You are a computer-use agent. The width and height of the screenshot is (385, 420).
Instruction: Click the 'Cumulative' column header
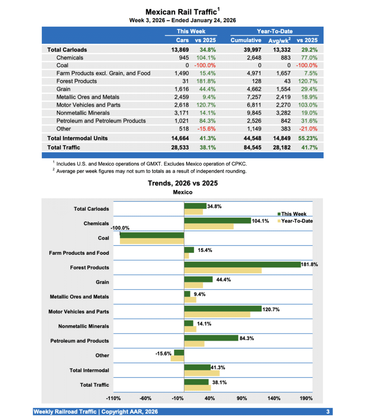[x=246, y=40]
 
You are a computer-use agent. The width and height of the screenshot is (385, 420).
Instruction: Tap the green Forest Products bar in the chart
[x=242, y=265]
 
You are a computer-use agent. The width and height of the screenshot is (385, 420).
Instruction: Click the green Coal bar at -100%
[x=152, y=235]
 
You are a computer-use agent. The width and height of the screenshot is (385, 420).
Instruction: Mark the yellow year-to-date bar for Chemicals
[x=209, y=226]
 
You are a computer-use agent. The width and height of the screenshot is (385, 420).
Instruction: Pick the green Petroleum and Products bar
[x=211, y=338]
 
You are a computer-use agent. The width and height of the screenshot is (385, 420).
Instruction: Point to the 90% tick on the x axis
[x=242, y=398]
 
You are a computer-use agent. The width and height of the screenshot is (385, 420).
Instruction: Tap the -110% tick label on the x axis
[x=113, y=398]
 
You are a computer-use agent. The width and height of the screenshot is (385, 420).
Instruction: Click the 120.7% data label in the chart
[x=271, y=309]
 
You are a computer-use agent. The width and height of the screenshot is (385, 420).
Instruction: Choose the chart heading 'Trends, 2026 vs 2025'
[x=183, y=183]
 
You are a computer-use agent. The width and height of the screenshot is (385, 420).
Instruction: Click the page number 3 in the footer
[x=328, y=411]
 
